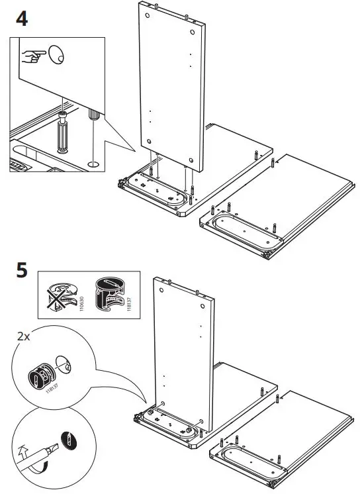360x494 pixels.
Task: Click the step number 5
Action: [x=21, y=272]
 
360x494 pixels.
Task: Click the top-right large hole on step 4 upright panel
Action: [x=191, y=31]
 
